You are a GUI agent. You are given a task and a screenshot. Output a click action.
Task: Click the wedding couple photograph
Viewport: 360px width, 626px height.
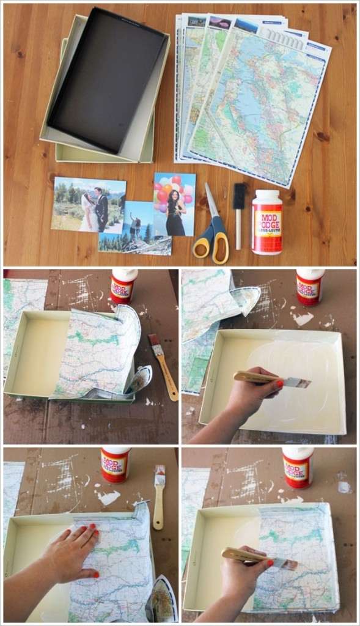tap(89, 205)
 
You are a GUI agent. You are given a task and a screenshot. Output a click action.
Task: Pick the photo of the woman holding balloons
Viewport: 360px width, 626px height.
tap(175, 204)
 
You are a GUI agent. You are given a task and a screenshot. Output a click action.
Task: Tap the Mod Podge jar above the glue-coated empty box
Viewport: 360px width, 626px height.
tap(310, 285)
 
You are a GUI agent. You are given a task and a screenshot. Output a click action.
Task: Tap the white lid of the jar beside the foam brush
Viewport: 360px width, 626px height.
tap(267, 197)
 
